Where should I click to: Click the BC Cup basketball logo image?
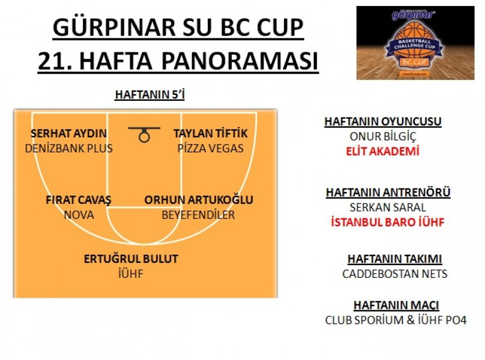click(x=415, y=43)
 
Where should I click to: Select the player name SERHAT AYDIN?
click(x=68, y=134)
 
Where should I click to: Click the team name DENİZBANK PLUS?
click(x=68, y=148)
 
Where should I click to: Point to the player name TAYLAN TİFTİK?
click(x=210, y=134)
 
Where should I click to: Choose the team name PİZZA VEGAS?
click(x=210, y=148)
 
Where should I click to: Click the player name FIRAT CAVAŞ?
click(x=78, y=200)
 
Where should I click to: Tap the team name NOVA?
click(x=79, y=215)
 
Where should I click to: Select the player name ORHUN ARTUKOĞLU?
click(x=199, y=200)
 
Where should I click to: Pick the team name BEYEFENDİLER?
click(x=198, y=215)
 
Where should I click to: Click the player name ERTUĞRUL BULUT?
click(x=131, y=259)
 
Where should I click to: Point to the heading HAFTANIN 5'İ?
click(x=149, y=95)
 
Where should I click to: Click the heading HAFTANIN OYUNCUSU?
click(x=383, y=122)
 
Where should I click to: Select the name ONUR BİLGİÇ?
click(x=383, y=136)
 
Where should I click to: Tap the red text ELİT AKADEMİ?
click(x=382, y=151)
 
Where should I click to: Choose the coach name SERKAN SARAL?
click(x=388, y=207)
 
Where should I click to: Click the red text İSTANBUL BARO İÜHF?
click(x=388, y=222)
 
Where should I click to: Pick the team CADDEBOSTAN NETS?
click(x=395, y=274)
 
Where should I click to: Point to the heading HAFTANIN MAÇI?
click(x=396, y=305)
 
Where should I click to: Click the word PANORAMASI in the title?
click(x=239, y=61)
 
